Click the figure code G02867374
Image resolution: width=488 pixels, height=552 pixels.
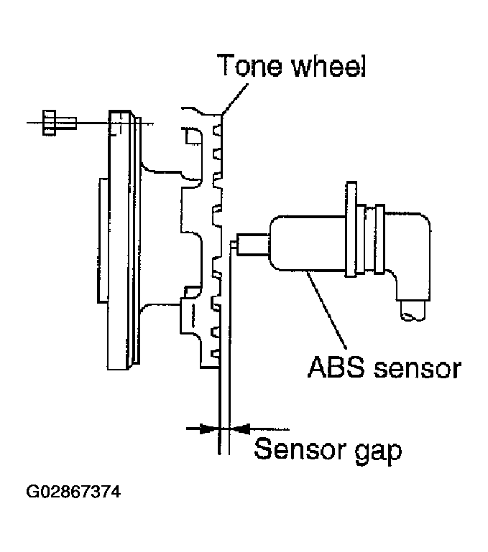point(73,492)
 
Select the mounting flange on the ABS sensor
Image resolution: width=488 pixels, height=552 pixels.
point(352,228)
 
